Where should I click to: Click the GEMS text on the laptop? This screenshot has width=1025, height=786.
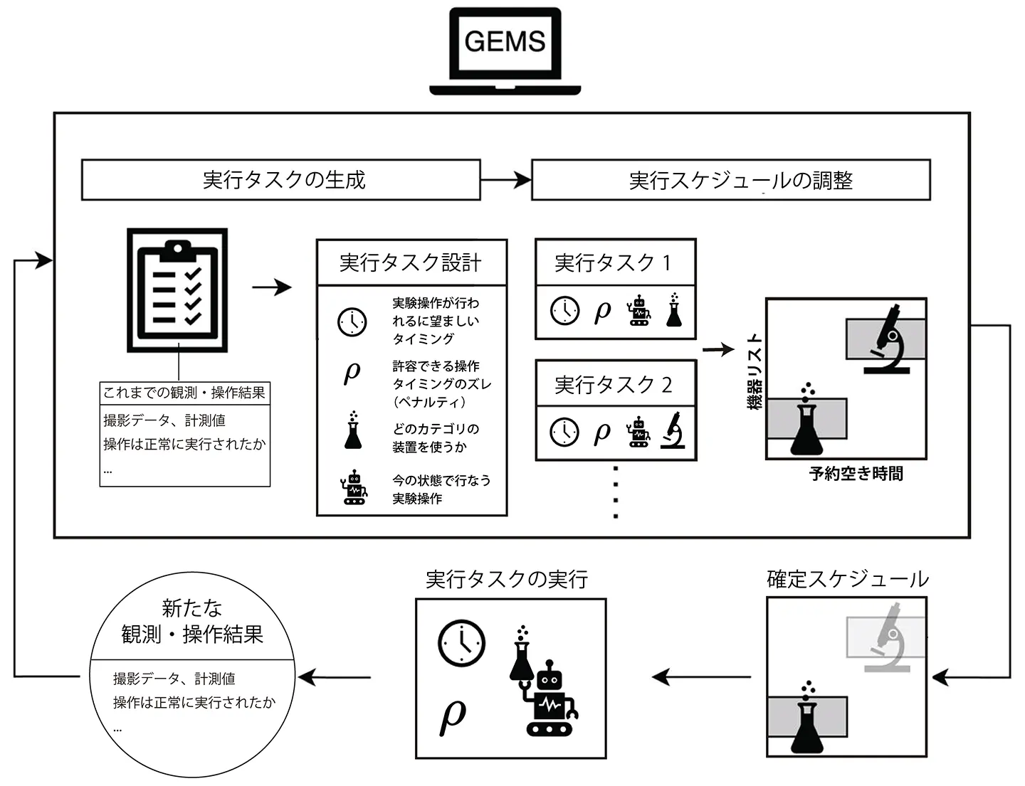point(505,41)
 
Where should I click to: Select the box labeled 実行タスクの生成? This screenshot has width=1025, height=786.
point(281,180)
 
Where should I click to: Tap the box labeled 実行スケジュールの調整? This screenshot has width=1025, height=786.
point(731,180)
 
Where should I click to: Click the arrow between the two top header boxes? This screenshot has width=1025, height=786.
point(506,180)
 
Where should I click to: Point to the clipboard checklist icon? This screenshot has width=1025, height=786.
point(177,290)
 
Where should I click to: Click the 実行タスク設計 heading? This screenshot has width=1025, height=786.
point(411,263)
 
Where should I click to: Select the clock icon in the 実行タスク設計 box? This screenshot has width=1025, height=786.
point(352,322)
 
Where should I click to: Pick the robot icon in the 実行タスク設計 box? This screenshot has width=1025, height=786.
point(354,489)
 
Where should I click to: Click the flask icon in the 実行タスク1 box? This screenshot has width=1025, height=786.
point(673,310)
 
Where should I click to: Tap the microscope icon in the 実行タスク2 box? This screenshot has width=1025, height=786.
point(673,431)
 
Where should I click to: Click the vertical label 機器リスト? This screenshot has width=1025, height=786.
point(755,371)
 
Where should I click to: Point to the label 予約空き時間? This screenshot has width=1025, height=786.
point(856,474)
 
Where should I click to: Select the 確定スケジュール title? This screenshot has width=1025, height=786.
point(847,579)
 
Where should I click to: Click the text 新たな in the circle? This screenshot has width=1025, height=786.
point(192,608)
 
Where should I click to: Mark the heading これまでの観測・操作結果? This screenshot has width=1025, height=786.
point(184,393)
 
